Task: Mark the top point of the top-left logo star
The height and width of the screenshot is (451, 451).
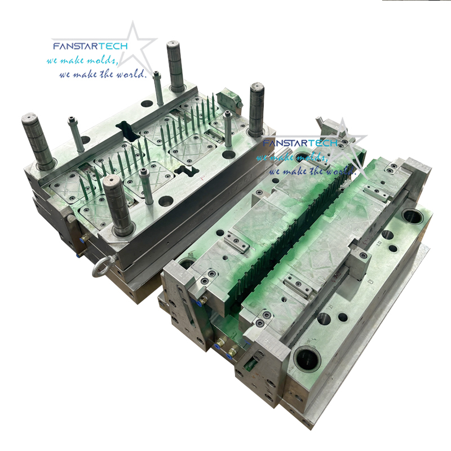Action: click(x=134, y=23)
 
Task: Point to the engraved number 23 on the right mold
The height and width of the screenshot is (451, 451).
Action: click(x=370, y=278)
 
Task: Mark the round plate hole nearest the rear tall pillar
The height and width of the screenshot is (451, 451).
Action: click(x=147, y=104)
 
